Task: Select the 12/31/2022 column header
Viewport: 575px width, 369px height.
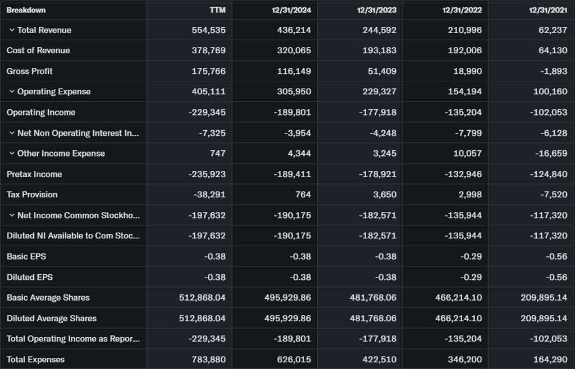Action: (x=462, y=10)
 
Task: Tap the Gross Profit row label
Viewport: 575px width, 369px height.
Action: (x=30, y=71)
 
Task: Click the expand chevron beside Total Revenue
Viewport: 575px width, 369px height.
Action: (x=11, y=30)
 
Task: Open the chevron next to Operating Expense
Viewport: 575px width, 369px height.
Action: (x=11, y=91)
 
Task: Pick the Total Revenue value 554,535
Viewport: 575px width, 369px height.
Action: (x=208, y=30)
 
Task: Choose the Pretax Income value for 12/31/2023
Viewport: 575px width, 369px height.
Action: (x=378, y=174)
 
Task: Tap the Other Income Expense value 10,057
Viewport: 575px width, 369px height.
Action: (x=467, y=154)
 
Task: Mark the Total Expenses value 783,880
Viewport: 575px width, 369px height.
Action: (x=208, y=359)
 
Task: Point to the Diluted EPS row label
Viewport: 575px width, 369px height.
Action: (x=30, y=277)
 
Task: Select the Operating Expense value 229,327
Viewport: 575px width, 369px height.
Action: (x=379, y=92)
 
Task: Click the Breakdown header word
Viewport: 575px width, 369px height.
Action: (x=26, y=10)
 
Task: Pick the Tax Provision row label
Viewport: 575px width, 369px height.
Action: (x=32, y=195)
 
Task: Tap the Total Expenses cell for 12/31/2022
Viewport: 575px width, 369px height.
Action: (x=464, y=359)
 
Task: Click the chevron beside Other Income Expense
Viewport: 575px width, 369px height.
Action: (x=11, y=154)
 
